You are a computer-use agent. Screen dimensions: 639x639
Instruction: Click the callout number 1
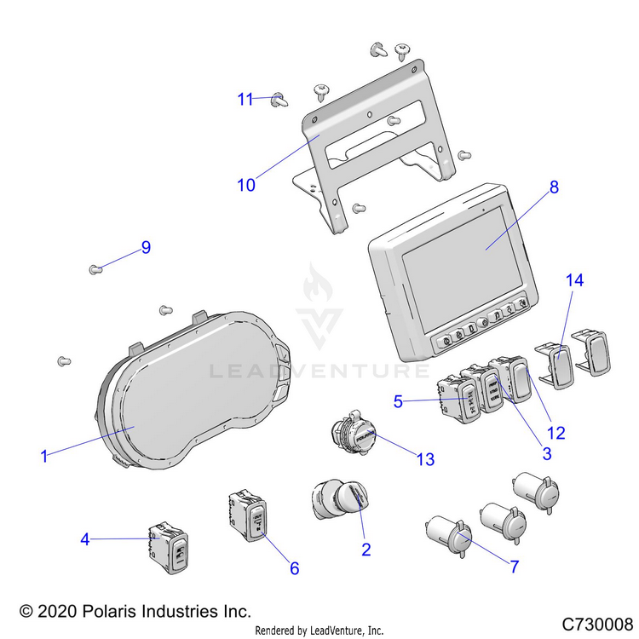43,456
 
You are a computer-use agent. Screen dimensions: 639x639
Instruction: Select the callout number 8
554,187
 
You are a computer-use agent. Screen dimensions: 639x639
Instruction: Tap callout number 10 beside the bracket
246,184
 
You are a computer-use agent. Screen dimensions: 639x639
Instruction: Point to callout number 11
245,99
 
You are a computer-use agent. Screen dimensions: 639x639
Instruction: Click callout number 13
424,459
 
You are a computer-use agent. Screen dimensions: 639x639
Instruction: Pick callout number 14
566,279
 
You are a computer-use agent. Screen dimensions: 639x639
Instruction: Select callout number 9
146,247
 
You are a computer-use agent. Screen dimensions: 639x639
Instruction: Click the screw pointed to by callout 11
279,101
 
